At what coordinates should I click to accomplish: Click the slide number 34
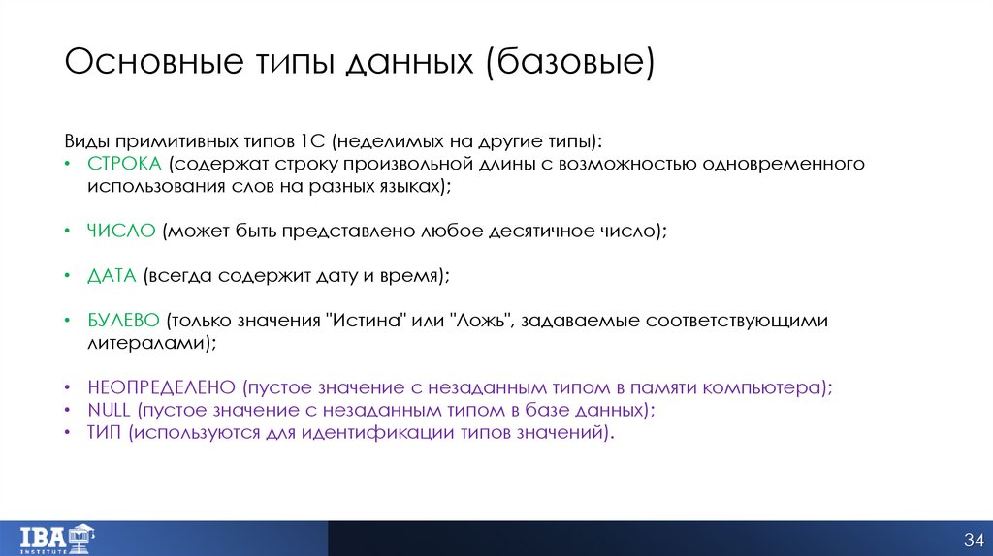pyautogui.click(x=973, y=539)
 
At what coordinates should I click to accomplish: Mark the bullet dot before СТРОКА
pyautogui.click(x=67, y=165)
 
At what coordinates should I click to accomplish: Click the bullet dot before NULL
pyautogui.click(x=67, y=411)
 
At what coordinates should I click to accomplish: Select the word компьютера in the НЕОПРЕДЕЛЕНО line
pyautogui.click(x=771, y=387)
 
